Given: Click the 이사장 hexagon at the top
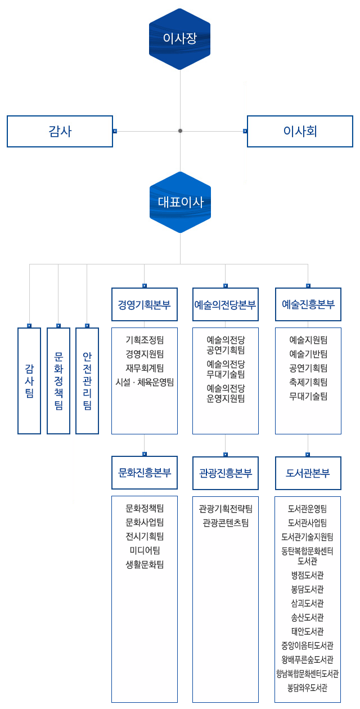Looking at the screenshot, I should click(x=180, y=39).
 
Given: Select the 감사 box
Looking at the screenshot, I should click(x=60, y=131).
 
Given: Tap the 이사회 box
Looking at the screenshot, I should click(x=300, y=131).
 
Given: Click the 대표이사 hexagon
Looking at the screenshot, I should click(x=180, y=202).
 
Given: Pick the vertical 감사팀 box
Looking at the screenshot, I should click(x=29, y=380).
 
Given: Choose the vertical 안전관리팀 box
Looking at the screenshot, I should click(x=87, y=380).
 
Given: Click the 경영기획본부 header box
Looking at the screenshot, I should click(x=145, y=304).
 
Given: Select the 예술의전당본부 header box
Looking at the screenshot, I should click(x=225, y=304).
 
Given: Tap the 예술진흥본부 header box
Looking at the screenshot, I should click(x=308, y=304).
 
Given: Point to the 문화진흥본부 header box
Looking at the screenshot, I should click(x=145, y=472).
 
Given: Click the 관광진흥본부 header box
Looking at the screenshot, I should click(x=225, y=473).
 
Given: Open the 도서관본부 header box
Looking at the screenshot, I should click(x=308, y=473).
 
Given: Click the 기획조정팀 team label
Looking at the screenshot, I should click(x=145, y=340).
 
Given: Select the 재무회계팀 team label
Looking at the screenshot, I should click(x=145, y=368).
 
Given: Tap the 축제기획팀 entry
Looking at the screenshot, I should click(x=308, y=382).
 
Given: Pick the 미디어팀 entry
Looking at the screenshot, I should click(x=145, y=550).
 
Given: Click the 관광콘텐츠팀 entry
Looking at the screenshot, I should click(x=225, y=523).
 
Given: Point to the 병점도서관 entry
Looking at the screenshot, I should click(x=308, y=575).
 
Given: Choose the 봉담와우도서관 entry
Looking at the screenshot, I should click(x=308, y=688).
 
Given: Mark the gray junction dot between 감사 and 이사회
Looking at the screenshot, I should click(x=180, y=131).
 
